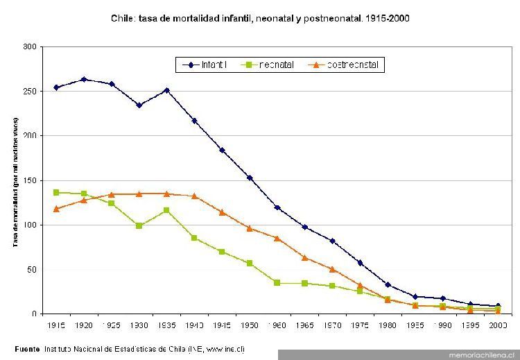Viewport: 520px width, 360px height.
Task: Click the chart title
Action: [260, 19]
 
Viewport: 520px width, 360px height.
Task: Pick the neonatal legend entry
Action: [270, 65]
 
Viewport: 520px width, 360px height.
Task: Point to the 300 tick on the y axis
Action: [29, 46]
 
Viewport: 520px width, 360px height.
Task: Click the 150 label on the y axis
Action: [29, 180]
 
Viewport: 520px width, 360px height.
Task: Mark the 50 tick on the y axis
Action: [31, 269]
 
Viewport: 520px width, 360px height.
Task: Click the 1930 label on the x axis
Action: [139, 325]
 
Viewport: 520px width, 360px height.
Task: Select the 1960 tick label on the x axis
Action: [277, 325]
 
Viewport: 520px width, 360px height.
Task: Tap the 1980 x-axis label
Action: [388, 325]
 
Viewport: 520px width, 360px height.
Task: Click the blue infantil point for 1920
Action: [84, 79]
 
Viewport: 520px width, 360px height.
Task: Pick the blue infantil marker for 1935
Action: [166, 90]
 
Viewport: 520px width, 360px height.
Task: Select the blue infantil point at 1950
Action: [250, 178]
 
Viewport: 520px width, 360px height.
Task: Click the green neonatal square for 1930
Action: [139, 225]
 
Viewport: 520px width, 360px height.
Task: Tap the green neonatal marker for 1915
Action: [56, 192]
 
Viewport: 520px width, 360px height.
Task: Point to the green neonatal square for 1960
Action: [277, 283]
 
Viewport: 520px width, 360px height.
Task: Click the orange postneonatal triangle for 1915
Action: [56, 209]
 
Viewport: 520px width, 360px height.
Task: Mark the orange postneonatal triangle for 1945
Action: [222, 212]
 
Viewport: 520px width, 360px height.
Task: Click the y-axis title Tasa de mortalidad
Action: [15, 182]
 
